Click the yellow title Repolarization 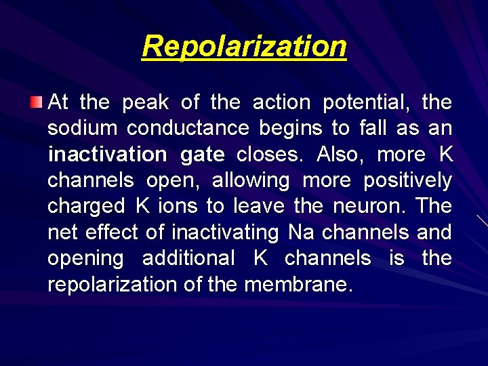[x=244, y=47]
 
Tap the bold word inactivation [x=107, y=155]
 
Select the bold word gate [x=203, y=155]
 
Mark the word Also [x=339, y=155]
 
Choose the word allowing [x=251, y=181]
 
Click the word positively [x=407, y=181]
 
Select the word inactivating [x=225, y=232]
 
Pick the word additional [x=188, y=258]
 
